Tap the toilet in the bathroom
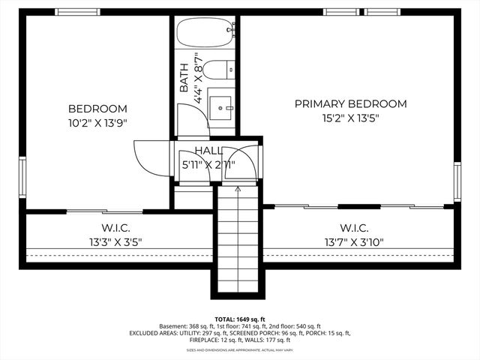(x=219, y=73)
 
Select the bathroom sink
(x=221, y=107)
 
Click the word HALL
(x=209, y=151)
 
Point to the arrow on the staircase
(x=238, y=191)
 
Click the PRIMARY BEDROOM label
(x=350, y=104)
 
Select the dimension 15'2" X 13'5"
(x=350, y=118)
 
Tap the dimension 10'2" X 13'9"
(x=97, y=123)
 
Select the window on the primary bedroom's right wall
(x=457, y=182)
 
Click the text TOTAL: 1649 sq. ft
(x=240, y=319)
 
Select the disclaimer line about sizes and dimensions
(x=240, y=350)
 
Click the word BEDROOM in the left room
(x=97, y=109)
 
